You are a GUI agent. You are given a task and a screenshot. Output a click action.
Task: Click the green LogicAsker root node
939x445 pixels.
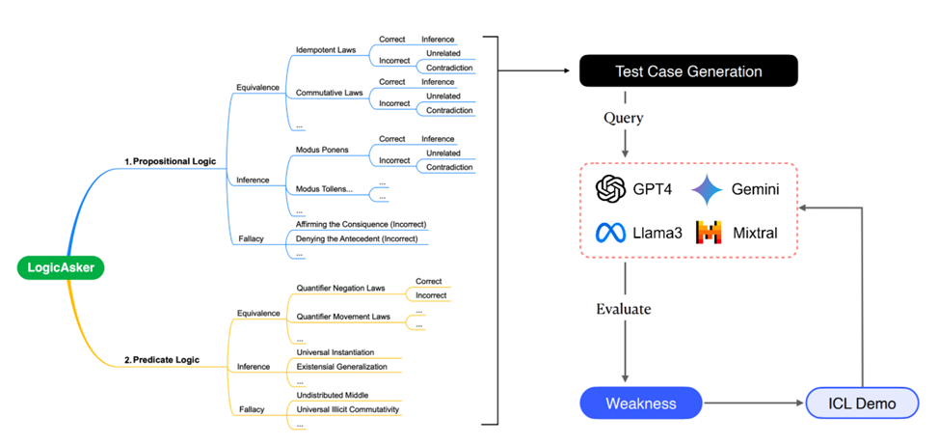click(x=60, y=267)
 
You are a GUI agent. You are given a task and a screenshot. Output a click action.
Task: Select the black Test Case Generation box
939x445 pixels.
click(x=688, y=70)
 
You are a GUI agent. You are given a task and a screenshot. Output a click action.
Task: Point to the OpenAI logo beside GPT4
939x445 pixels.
click(x=612, y=189)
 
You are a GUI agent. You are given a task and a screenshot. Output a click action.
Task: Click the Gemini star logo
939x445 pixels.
click(x=707, y=189)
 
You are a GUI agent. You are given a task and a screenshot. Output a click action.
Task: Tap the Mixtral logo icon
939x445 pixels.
click(x=709, y=233)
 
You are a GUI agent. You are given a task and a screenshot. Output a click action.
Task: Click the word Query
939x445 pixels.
click(x=624, y=117)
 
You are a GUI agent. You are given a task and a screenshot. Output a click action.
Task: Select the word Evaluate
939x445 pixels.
click(x=624, y=309)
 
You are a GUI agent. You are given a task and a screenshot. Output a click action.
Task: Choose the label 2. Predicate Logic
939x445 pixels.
click(x=162, y=360)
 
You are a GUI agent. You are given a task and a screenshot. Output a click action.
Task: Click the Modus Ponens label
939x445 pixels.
click(x=322, y=151)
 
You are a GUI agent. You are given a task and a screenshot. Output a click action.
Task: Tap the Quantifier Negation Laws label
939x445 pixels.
click(x=341, y=287)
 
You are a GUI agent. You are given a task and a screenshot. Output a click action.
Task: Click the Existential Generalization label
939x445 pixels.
click(x=341, y=367)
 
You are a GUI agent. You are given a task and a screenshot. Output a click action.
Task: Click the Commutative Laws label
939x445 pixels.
click(x=330, y=93)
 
